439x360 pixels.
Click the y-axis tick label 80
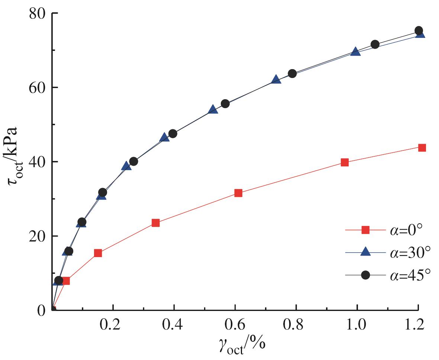[x=38, y=13]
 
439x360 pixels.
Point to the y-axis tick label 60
[x=38, y=88]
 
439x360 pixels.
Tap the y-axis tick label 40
[x=38, y=162]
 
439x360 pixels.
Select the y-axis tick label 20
[x=38, y=236]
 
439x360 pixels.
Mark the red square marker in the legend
[x=366, y=230]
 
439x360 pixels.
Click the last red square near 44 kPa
[x=422, y=147]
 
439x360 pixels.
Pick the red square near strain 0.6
[x=238, y=193]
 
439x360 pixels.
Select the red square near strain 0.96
[x=345, y=162]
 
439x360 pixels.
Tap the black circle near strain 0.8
[x=292, y=74]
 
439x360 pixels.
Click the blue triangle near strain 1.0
[x=355, y=52]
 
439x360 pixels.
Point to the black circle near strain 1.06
[x=375, y=45]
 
